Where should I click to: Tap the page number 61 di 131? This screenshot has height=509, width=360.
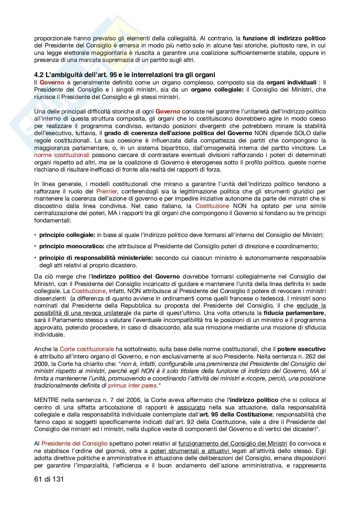(x=49, y=479)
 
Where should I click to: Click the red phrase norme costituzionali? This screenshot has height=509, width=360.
(x=62, y=155)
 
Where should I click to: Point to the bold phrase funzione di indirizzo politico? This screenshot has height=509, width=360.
(x=284, y=38)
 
